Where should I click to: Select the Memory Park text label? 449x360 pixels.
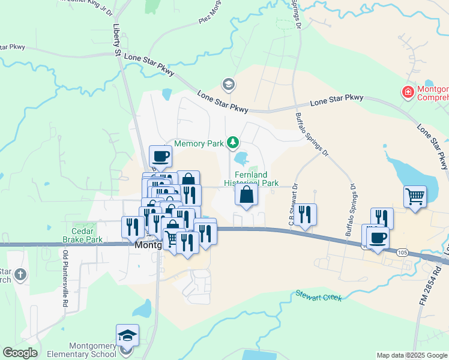[198, 144]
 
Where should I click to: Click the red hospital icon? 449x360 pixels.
[408, 92]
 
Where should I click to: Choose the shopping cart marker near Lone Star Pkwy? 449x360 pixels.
[415, 196]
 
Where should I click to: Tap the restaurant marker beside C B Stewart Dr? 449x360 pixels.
[306, 214]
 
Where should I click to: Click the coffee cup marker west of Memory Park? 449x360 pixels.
[160, 157]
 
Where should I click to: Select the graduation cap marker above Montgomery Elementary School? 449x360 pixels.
[127, 335]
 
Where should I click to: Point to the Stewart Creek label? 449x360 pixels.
[318, 296]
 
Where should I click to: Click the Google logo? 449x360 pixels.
[20, 353]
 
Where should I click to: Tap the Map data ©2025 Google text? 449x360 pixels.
[411, 355]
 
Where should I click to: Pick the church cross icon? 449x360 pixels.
[20, 275]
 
